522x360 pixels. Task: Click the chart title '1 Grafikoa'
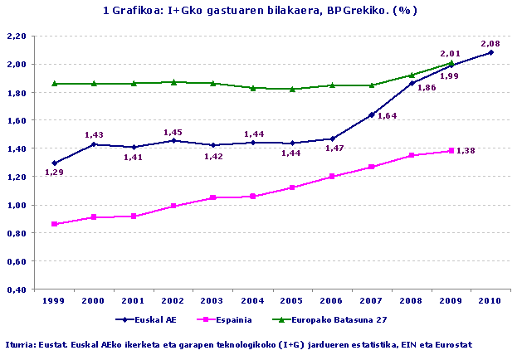(259, 11)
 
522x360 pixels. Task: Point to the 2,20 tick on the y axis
(17, 36)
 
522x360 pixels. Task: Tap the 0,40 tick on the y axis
(17, 289)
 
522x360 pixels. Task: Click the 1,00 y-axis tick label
(17, 205)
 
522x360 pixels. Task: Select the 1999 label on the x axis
(55, 301)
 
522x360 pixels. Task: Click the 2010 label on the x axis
(490, 301)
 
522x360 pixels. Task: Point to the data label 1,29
(55, 173)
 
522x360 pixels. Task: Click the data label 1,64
(388, 116)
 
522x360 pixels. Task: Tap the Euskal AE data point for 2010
(490, 52)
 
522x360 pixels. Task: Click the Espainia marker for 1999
(55, 224)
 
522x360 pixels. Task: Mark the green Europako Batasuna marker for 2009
(451, 62)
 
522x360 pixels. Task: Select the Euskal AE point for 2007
(371, 114)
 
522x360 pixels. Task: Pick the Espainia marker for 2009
(451, 150)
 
